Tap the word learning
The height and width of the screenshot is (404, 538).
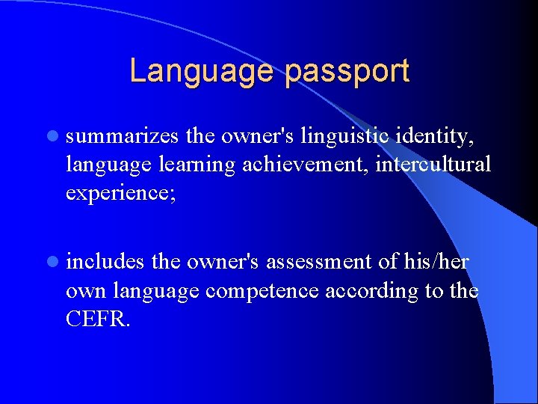pyautogui.click(x=201, y=165)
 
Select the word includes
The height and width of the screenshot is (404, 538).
pyautogui.click(x=105, y=262)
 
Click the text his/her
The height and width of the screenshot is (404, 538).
pyautogui.click(x=436, y=262)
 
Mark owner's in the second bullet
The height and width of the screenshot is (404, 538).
pyautogui.click(x=223, y=262)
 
